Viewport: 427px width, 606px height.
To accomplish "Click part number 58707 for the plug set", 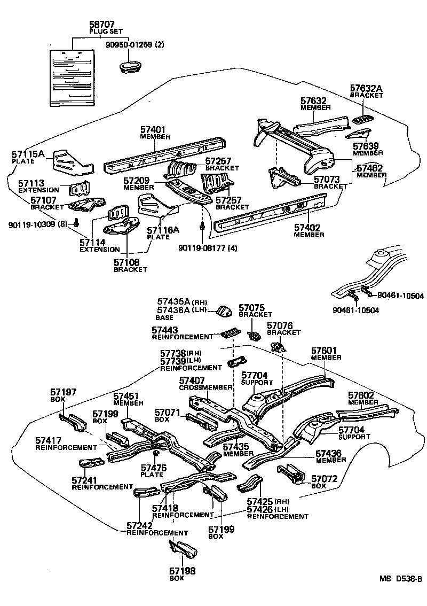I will [x=102, y=25].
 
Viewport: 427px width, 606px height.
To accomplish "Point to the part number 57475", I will [x=154, y=468].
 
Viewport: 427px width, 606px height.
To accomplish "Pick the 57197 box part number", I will [x=63, y=392].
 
